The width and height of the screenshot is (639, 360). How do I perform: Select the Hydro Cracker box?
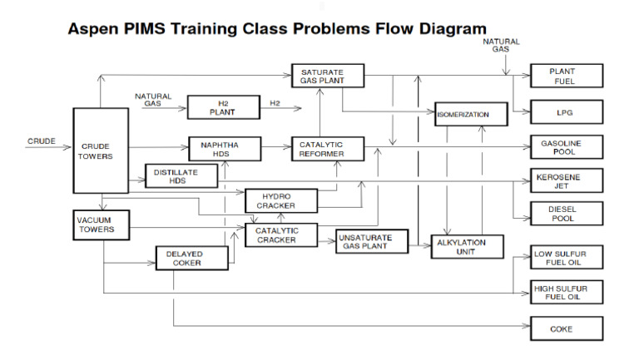point(281,200)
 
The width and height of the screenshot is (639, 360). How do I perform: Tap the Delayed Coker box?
point(192,259)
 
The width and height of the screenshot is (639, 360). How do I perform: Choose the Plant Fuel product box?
point(566,76)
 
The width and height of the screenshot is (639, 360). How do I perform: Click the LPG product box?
point(566,111)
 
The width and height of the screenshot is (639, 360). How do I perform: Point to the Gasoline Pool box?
point(566,148)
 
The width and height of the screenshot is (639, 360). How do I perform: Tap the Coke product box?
point(566,329)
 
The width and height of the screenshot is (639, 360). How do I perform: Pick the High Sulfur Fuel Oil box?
point(566,292)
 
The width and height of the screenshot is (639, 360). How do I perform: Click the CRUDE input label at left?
point(41,141)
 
